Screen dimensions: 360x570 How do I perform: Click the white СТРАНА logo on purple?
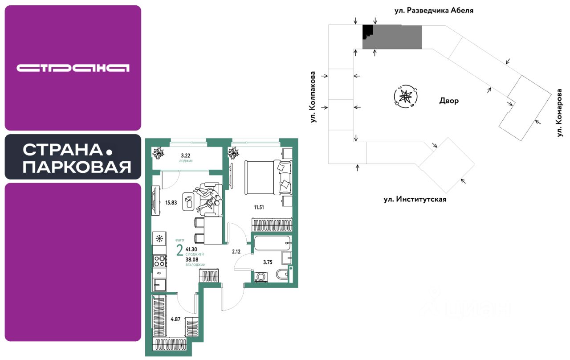(73, 68)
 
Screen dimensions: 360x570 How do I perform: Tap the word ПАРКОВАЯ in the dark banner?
(77, 167)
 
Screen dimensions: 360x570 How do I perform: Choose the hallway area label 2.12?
(236, 251)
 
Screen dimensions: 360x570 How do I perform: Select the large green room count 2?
(179, 251)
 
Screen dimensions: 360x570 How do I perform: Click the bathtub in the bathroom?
(271, 244)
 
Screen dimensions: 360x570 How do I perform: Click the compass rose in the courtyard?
(405, 96)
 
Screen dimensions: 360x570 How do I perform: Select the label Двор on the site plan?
(448, 101)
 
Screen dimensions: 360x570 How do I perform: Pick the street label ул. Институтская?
(415, 199)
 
